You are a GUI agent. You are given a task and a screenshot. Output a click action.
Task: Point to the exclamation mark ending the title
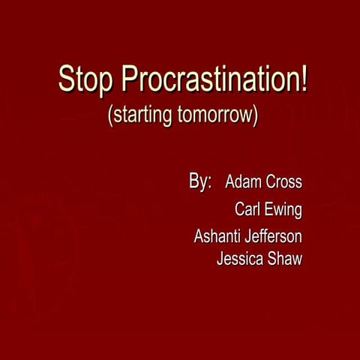click(x=304, y=79)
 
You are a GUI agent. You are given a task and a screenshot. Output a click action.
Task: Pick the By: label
click(x=200, y=182)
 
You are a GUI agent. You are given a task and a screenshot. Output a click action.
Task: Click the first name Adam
click(x=243, y=182)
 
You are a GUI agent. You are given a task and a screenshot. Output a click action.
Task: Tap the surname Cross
click(x=283, y=182)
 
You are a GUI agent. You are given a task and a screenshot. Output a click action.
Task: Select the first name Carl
click(x=247, y=210)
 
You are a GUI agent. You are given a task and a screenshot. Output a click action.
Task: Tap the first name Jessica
click(x=240, y=260)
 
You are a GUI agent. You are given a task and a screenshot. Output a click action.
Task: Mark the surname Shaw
click(x=285, y=260)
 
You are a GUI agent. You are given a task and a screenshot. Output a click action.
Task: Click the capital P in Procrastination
click(x=129, y=80)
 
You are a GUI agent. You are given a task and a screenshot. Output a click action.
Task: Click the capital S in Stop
click(x=66, y=80)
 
